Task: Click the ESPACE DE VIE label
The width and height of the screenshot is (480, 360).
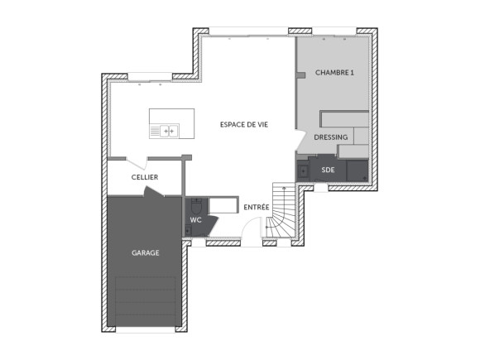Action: pos(244,124)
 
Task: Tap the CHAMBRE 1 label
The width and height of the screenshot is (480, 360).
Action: pos(334,73)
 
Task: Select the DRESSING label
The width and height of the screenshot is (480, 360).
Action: pos(330,138)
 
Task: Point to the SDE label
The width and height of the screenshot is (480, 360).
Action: pos(329,170)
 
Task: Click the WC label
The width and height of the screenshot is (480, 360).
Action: pos(196,220)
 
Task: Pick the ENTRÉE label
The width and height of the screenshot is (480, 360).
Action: pos(256,206)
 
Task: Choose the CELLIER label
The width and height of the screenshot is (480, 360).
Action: pos(144,177)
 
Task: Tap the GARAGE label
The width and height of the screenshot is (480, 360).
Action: pos(145,252)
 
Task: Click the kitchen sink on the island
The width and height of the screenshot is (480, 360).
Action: pos(165,130)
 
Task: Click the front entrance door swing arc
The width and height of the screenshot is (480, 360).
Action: pos(252,228)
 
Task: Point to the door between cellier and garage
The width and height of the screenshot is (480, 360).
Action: pos(153,193)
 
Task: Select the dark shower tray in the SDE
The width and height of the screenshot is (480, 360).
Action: pos(358,170)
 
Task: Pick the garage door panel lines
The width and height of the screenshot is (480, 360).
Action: pos(146,302)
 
